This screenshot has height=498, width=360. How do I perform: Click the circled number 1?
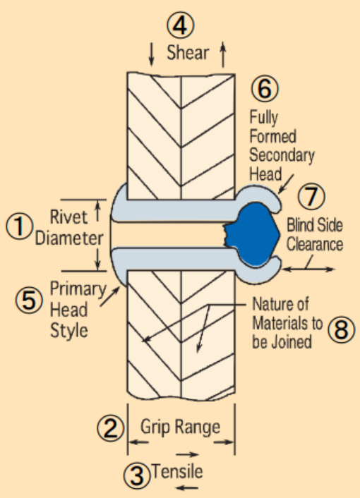click(19, 226)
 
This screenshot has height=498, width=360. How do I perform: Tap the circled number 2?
click(111, 427)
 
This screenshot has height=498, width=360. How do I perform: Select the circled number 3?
click(137, 475)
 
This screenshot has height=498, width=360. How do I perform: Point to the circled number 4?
click(181, 25)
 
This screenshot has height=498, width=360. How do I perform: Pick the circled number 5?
click(29, 300)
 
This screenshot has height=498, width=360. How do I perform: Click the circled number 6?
click(265, 89)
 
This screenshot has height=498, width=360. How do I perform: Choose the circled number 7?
click(311, 196)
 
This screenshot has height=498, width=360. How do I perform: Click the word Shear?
click(188, 52)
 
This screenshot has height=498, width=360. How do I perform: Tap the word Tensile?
click(177, 471)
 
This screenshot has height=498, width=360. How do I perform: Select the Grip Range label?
click(180, 427)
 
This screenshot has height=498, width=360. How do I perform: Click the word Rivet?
click(68, 217)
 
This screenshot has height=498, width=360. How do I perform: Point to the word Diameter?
click(69, 238)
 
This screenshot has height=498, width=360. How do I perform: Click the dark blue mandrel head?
click(252, 234)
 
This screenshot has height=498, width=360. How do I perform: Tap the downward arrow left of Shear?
click(152, 55)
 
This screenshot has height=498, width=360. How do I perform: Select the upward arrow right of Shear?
click(223, 54)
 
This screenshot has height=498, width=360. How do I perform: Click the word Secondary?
click(282, 156)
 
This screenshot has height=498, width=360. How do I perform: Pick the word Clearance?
click(315, 245)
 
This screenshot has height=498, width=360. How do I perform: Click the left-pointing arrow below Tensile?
click(187, 487)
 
